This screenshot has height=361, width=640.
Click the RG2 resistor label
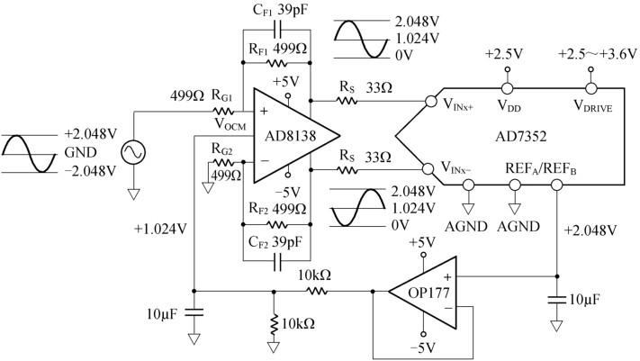(224, 149)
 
